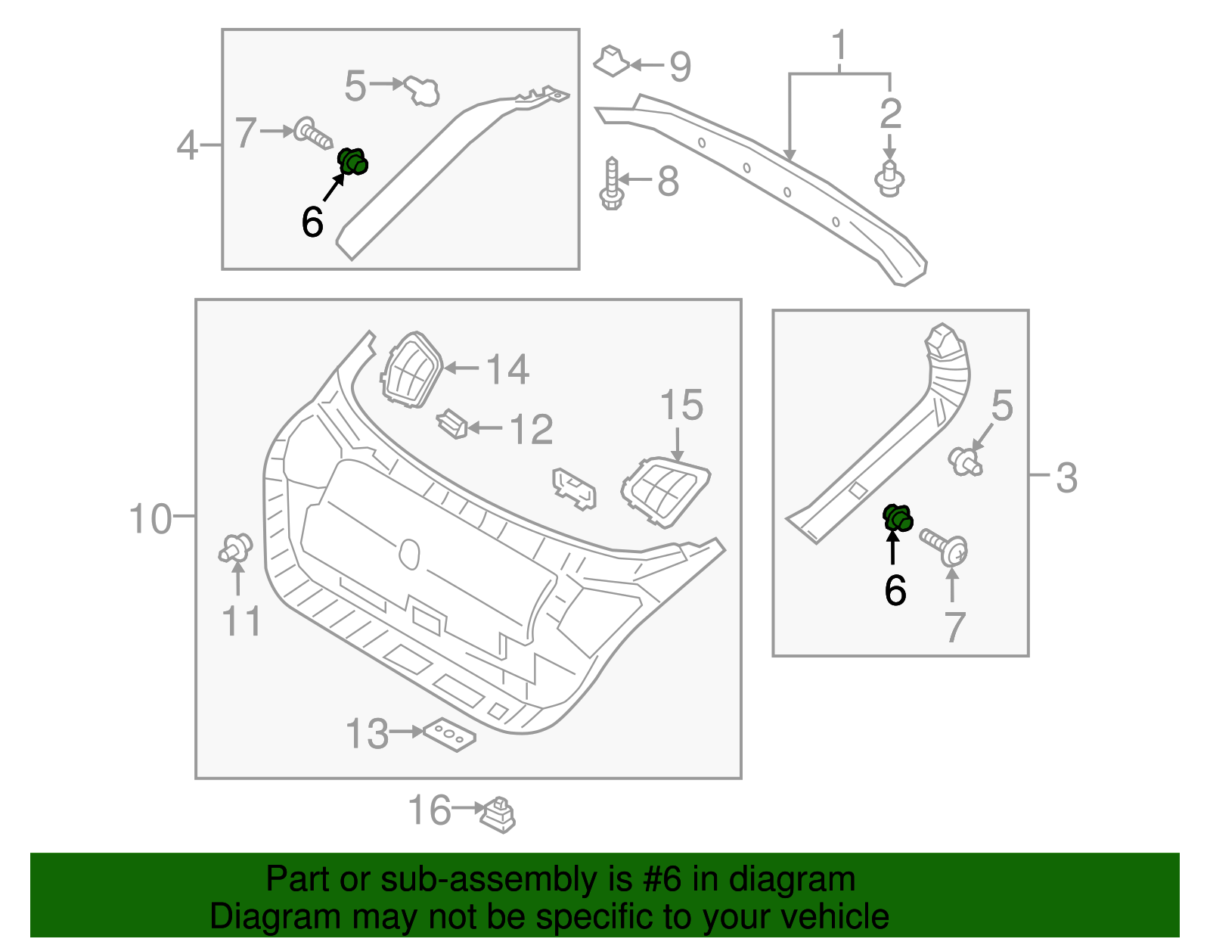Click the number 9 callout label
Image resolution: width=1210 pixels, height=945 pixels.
(680, 67)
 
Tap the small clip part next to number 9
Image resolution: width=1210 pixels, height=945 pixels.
(611, 61)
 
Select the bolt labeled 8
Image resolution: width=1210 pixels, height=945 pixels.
(611, 184)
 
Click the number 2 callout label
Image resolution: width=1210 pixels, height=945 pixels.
(890, 114)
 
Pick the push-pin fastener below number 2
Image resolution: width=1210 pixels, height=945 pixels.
(889, 179)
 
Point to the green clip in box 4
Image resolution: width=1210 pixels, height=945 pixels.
(352, 161)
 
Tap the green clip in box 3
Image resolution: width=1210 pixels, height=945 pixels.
(898, 518)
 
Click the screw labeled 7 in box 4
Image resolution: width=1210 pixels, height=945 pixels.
(312, 134)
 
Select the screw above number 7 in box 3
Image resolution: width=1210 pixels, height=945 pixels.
(945, 547)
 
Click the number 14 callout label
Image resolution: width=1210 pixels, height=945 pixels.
(507, 370)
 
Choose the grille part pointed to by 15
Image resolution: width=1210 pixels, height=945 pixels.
(664, 490)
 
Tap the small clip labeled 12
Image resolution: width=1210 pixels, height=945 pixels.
(452, 424)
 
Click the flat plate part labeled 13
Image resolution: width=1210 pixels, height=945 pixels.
(450, 735)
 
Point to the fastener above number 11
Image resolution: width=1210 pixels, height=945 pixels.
(236, 548)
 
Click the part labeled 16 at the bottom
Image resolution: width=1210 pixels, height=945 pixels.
(498, 814)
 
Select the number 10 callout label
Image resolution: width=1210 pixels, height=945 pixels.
(150, 520)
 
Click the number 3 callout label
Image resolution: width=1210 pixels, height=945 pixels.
(1066, 478)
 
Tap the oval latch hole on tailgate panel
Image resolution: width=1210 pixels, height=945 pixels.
(409, 554)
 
